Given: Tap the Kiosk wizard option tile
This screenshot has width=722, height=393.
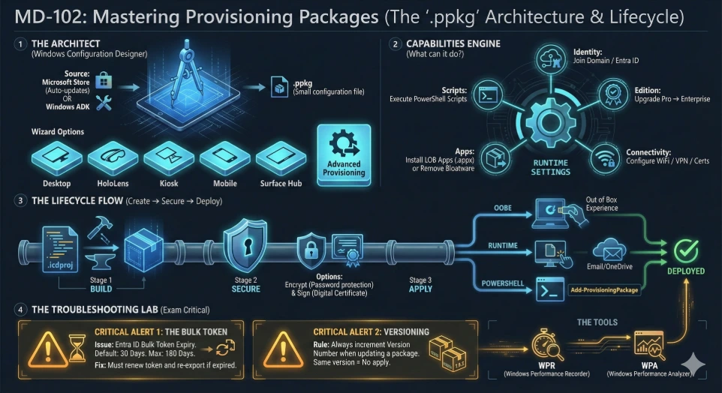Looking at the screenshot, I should click(x=169, y=158).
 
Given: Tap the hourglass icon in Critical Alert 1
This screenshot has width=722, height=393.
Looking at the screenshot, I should click(x=75, y=346).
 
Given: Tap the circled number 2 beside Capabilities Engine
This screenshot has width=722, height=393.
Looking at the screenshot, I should click(x=396, y=44).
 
